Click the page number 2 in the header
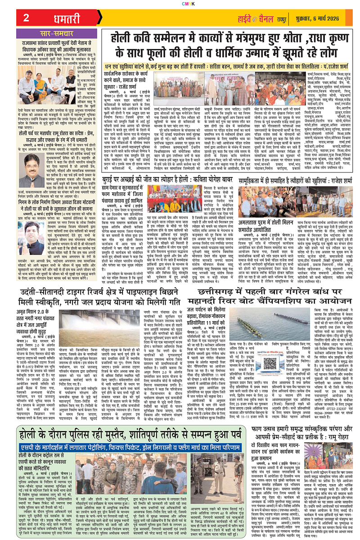click(x=26, y=18)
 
